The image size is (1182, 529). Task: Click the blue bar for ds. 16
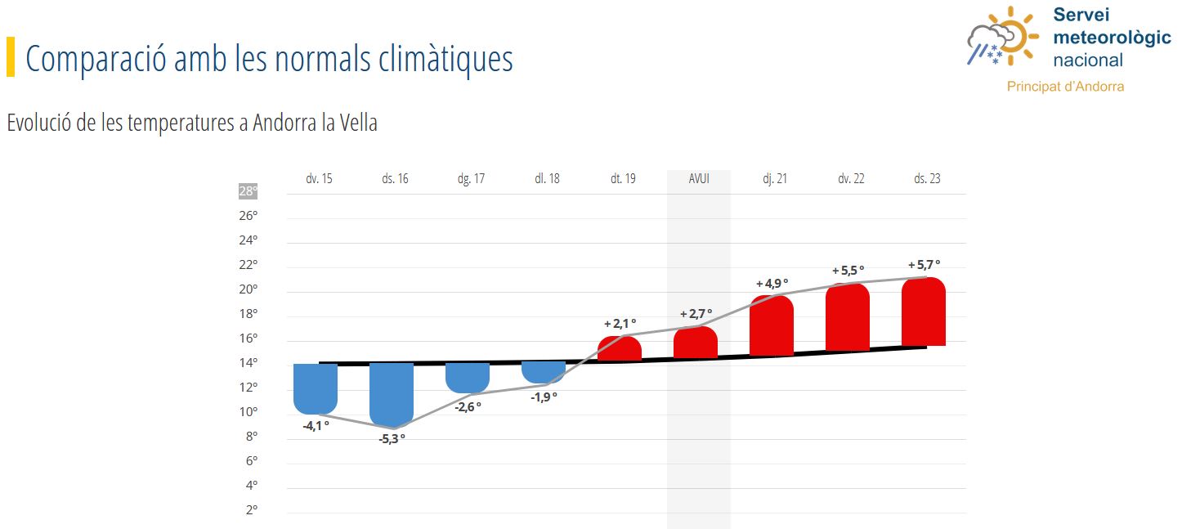point(392,395)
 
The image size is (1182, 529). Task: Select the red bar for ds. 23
point(924,312)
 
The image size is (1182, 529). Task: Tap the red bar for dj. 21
point(772,325)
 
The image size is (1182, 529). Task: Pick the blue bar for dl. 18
point(544,372)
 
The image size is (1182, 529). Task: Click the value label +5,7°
point(924,265)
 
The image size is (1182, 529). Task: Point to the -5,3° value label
point(392,439)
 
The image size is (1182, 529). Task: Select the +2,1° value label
point(620,323)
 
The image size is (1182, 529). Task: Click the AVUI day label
point(699,178)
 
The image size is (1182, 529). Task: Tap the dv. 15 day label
point(320,178)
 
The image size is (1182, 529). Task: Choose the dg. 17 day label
point(471,179)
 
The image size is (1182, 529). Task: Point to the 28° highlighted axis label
point(248,191)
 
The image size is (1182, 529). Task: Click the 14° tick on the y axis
point(248,363)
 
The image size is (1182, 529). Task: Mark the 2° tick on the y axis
point(252,510)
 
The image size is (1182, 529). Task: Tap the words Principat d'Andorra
point(1065,87)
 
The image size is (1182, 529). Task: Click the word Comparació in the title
point(96,59)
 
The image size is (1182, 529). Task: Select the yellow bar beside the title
point(11,56)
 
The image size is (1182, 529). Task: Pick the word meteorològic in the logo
point(1112,38)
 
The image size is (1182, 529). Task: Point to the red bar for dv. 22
point(848,317)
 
